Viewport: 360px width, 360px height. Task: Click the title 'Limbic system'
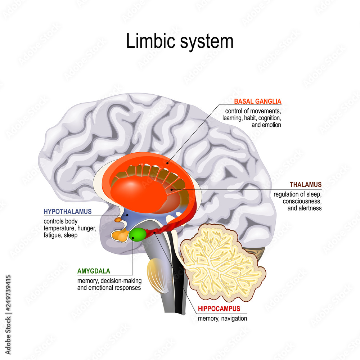[180, 41]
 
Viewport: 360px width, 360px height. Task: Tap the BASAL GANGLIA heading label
[257, 102]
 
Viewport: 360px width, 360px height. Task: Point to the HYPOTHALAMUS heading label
[68, 211]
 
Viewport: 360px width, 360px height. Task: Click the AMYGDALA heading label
[94, 271]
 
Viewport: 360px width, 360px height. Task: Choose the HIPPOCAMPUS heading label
[219, 309]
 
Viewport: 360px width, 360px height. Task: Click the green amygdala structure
[138, 234]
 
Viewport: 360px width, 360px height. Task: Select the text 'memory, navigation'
[222, 318]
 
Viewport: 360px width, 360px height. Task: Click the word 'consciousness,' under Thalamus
[302, 201]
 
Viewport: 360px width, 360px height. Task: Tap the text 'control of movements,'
[253, 111]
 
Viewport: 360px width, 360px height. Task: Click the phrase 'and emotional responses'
[109, 288]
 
